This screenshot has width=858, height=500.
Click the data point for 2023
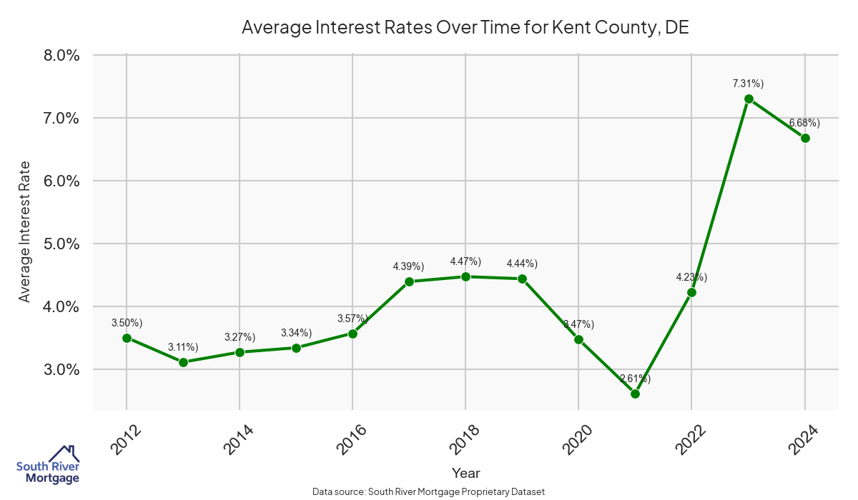click(x=749, y=99)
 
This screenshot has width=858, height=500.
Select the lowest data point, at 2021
click(x=635, y=394)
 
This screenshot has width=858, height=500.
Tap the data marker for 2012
click(x=127, y=338)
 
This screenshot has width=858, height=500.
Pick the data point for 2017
click(x=409, y=281)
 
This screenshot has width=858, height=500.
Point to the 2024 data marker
click(x=805, y=138)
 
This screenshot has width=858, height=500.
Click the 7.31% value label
click(x=747, y=84)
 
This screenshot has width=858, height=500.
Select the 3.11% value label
click(x=183, y=347)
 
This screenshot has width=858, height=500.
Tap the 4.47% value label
click(x=465, y=261)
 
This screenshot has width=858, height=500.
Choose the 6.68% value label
click(x=804, y=123)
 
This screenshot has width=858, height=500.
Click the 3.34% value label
click(x=296, y=333)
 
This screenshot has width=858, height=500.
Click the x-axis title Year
click(x=465, y=473)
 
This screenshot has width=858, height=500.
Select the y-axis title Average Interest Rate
click(x=25, y=231)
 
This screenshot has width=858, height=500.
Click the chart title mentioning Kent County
click(x=465, y=27)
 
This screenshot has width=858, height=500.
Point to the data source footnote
click(x=429, y=492)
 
